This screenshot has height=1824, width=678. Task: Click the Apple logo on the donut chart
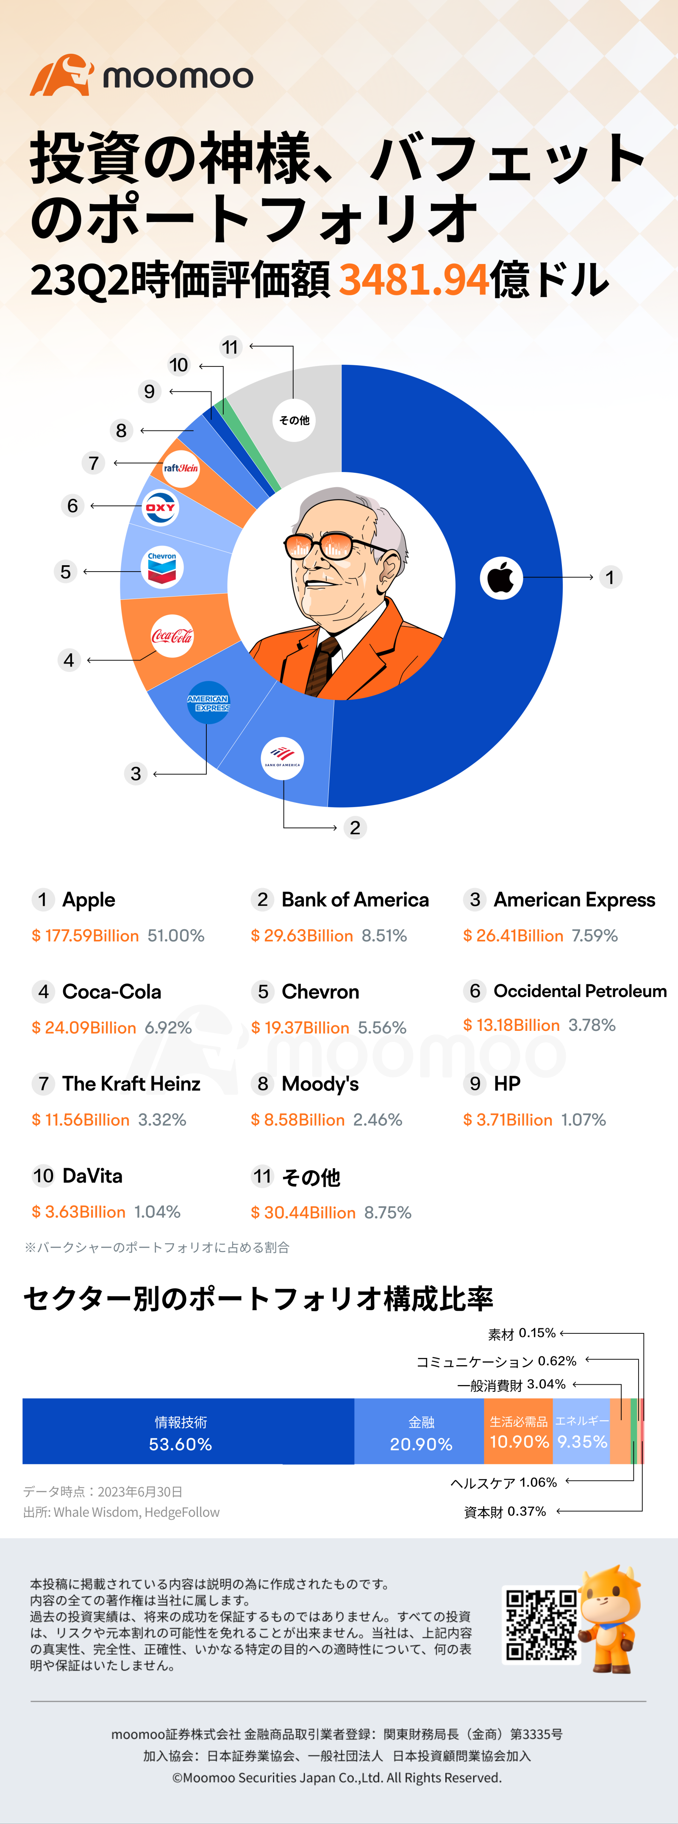pos(501,578)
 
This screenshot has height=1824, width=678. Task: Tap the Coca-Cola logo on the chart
pos(172,636)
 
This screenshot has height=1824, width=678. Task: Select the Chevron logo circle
pos(162,567)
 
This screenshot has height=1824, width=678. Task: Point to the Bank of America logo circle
pos(282,758)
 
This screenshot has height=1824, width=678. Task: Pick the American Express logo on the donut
pos(208,702)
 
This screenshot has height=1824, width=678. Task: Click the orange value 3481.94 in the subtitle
pos(414,280)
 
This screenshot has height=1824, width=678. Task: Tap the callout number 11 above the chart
pos(230,347)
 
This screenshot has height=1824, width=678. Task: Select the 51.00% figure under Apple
pos(176,936)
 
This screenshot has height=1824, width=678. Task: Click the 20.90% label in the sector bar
pos(421,1444)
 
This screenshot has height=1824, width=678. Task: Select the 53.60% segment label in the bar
pos(180,1444)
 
